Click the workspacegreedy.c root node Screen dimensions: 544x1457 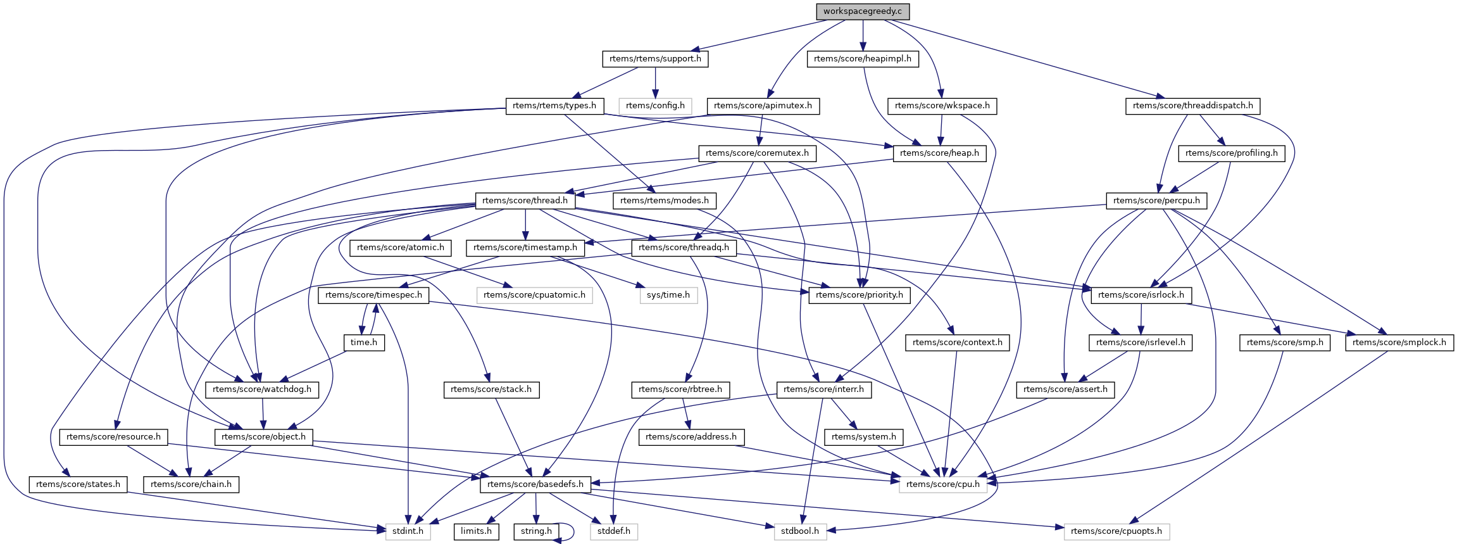862,11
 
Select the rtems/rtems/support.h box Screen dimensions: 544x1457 655,59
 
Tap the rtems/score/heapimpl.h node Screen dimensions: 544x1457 862,59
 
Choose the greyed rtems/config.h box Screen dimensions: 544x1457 655,106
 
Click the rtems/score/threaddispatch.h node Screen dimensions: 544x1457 1192,106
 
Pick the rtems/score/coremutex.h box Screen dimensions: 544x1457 757,153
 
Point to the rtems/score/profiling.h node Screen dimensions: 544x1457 1231,153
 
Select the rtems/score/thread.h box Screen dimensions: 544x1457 525,201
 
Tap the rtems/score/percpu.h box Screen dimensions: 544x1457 1156,201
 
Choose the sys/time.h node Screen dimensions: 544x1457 668,295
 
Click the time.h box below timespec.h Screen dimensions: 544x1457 364,343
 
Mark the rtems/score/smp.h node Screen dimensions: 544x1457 1284,343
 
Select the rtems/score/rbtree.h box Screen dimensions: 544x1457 680,389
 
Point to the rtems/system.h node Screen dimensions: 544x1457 864,437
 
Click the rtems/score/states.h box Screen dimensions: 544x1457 78,484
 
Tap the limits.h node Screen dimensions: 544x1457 476,531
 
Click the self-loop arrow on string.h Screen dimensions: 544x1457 573,532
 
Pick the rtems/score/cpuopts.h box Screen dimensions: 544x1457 1116,531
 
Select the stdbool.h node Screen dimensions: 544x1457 800,531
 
